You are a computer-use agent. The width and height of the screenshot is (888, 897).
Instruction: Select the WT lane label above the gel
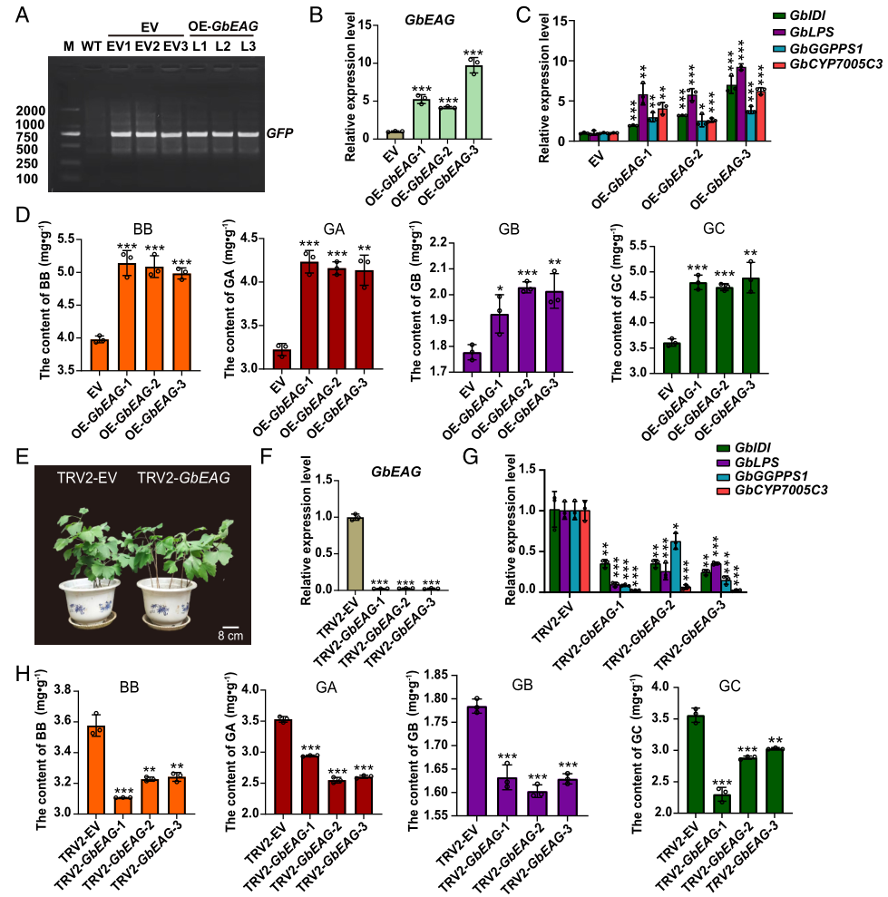point(90,44)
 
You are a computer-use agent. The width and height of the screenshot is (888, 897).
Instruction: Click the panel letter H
point(12,675)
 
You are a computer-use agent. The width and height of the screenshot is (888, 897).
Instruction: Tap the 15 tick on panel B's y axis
point(334,24)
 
